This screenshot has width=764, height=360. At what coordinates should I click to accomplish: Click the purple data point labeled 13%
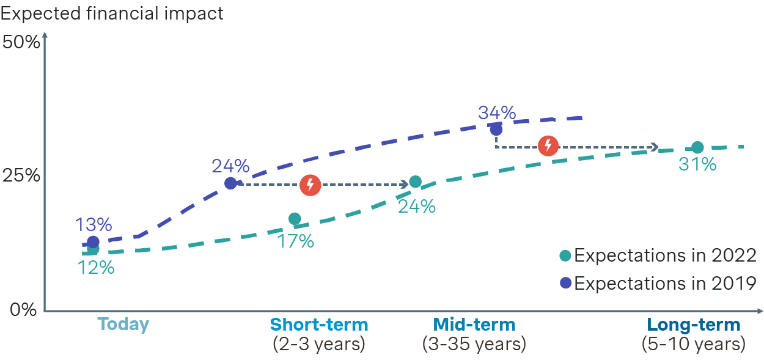coord(93,242)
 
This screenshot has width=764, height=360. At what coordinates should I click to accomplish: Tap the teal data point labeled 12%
coord(93,249)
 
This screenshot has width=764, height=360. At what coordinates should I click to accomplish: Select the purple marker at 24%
coord(230,183)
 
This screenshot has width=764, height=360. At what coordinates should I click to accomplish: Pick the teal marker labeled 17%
coord(295,219)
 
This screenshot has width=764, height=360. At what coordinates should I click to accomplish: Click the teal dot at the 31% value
coord(697,147)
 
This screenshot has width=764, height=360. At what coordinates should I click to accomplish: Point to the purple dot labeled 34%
coord(496,130)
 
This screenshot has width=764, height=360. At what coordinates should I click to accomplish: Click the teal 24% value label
coord(416,206)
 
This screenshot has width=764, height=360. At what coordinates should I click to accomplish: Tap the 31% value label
coord(697,164)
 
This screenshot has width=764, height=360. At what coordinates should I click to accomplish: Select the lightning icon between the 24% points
coord(310,185)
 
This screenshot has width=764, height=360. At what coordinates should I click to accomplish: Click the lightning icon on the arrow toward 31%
coord(548,145)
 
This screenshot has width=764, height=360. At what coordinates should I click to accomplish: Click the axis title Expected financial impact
coord(112,13)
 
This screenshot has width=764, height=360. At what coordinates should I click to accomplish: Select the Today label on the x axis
coord(123,324)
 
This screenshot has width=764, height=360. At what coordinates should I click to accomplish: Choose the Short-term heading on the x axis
coord(319,324)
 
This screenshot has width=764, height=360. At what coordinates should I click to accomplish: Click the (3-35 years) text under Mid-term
coord(474,344)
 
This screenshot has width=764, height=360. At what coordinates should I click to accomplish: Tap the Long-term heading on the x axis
coord(694,324)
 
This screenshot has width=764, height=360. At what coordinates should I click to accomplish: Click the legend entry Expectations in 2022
coord(659,255)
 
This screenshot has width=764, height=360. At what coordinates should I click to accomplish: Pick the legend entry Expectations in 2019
coord(659,283)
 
